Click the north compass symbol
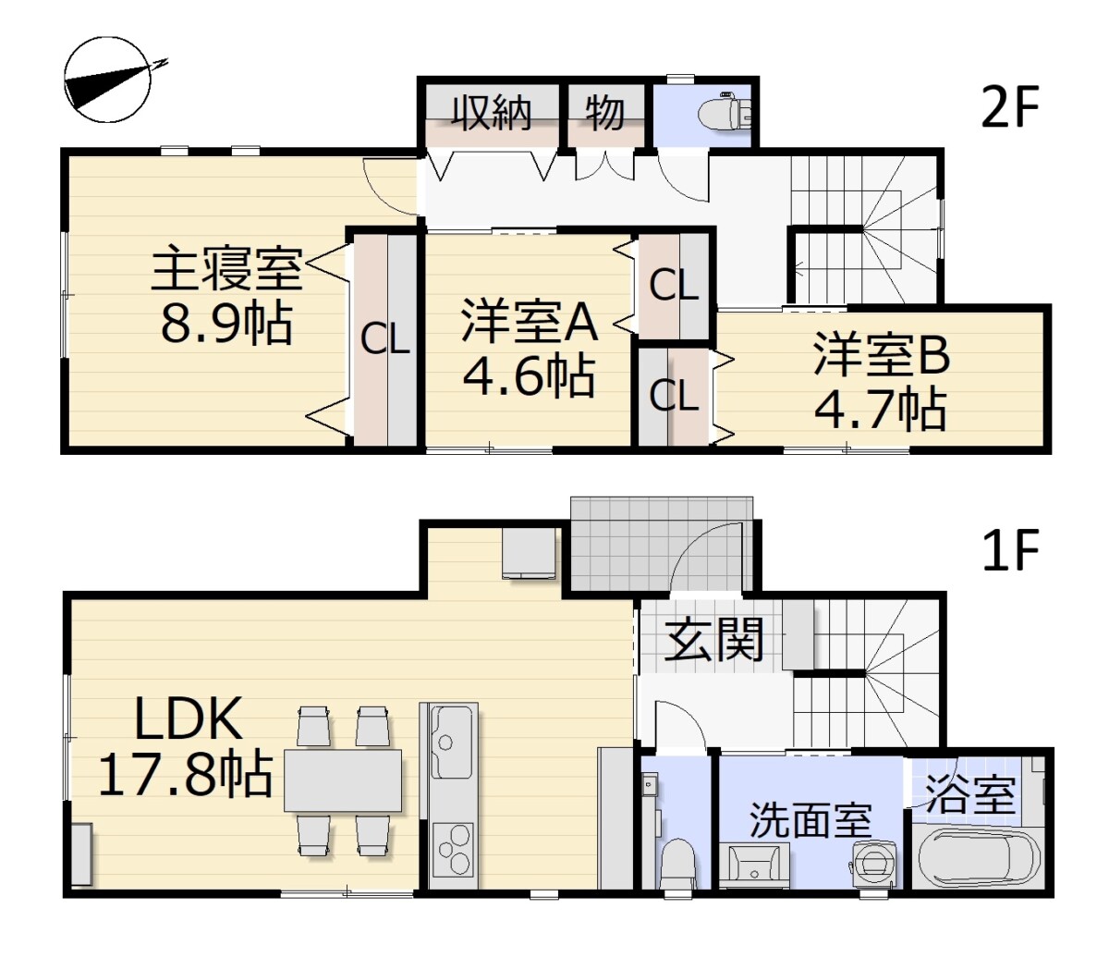107,80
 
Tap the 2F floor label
1009,108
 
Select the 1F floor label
1010,550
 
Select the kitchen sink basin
449,743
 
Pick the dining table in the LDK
343,780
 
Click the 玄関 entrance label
713,640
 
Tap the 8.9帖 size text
226,324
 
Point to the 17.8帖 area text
186,774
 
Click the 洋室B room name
882,355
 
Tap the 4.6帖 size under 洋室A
529,375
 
